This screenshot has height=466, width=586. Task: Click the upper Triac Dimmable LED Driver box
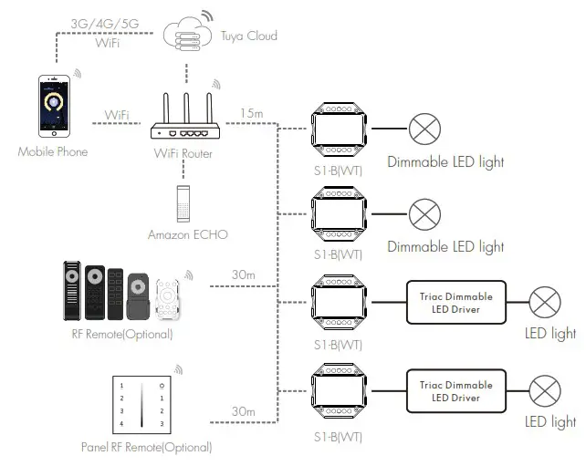point(455,303)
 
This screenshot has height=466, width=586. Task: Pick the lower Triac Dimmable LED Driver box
point(455,390)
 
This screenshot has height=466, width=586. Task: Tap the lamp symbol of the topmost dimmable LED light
point(424,130)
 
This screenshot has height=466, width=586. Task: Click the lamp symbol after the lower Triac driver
point(547,390)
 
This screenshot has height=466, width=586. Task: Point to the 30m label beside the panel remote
point(244,412)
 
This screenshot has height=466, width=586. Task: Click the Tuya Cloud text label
point(248,36)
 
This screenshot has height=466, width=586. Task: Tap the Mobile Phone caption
point(53,151)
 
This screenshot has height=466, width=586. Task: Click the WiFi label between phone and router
point(116,115)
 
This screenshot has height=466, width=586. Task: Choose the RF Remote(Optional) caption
point(121,334)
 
